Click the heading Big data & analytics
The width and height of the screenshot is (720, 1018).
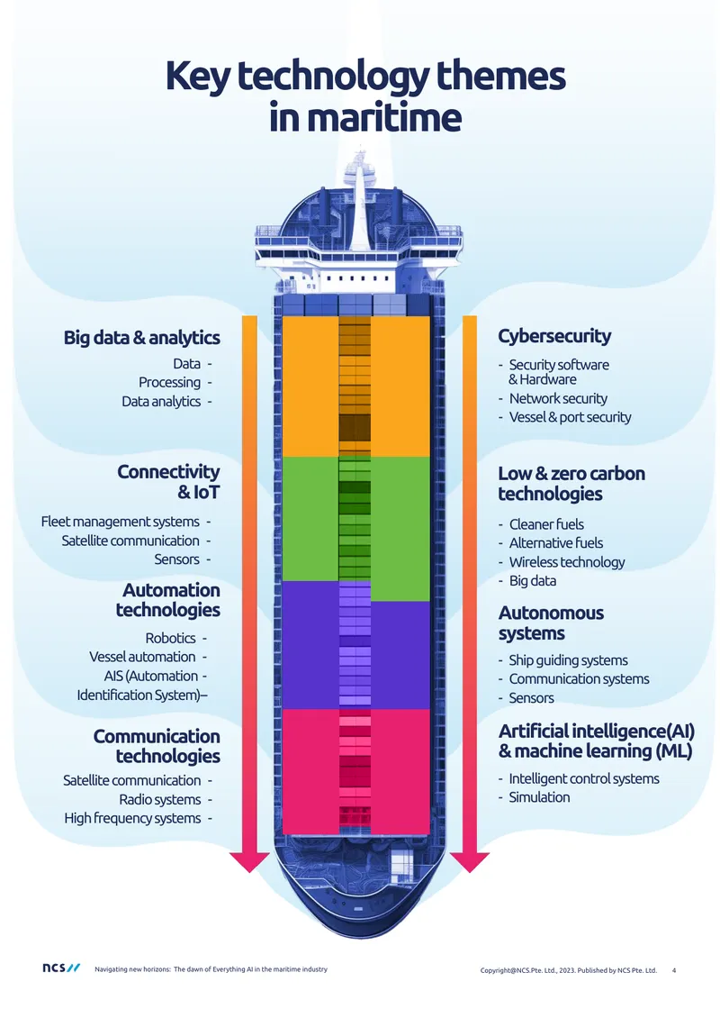pyautogui.click(x=141, y=338)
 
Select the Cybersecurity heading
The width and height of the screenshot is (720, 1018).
pyautogui.click(x=554, y=336)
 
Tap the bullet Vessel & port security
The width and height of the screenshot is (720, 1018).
pyautogui.click(x=570, y=417)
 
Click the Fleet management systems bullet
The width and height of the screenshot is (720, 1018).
pyautogui.click(x=120, y=522)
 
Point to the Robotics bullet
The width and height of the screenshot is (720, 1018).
pyautogui.click(x=170, y=638)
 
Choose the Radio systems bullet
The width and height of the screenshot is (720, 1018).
pyautogui.click(x=159, y=799)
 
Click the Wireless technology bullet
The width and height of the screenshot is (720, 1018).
pyautogui.click(x=567, y=561)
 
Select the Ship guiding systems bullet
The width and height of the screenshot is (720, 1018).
pyautogui.click(x=568, y=660)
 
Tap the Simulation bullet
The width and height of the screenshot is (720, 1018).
pyautogui.click(x=539, y=797)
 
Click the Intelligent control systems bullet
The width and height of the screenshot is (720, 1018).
pyautogui.click(x=584, y=778)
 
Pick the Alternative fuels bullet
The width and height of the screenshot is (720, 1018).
pyautogui.click(x=556, y=542)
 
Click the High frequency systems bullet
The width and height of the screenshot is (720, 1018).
pyautogui.click(x=132, y=818)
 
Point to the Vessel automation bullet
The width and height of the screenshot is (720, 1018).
pyautogui.click(x=142, y=657)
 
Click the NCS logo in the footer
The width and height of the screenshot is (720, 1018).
pyautogui.click(x=61, y=968)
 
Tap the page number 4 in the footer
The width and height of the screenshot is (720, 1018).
pyautogui.click(x=674, y=970)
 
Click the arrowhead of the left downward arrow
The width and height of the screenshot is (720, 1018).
pyautogui.click(x=249, y=861)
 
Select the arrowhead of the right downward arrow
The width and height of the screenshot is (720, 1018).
pyautogui.click(x=470, y=861)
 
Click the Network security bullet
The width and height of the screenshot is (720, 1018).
pyautogui.click(x=558, y=398)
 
